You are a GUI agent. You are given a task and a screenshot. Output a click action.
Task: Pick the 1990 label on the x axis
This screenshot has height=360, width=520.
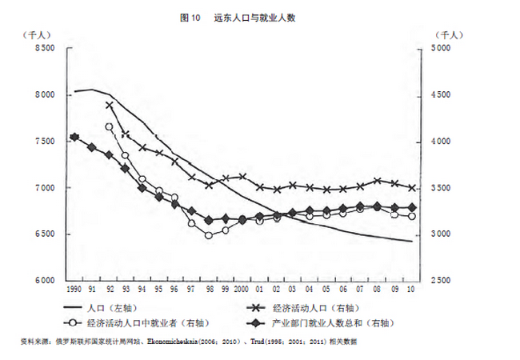[74, 289]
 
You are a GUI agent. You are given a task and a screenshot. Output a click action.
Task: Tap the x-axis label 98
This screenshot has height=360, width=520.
[209, 289]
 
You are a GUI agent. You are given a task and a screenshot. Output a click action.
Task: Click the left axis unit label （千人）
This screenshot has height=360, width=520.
[38, 34]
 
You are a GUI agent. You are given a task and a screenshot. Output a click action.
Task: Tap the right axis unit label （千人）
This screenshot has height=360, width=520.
[448, 34]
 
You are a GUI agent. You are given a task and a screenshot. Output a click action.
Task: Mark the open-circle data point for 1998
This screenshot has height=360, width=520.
[209, 235]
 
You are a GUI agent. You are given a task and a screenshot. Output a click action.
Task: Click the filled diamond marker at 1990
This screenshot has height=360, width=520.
[74, 138]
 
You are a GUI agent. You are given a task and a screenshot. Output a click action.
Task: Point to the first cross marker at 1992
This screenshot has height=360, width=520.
[109, 105]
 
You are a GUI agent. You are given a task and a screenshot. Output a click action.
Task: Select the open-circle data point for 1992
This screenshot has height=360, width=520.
[109, 126]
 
